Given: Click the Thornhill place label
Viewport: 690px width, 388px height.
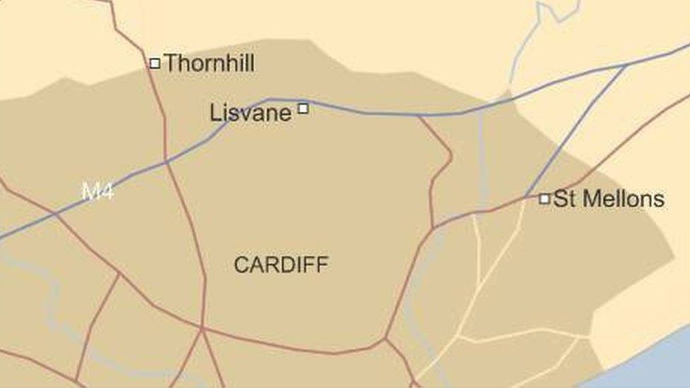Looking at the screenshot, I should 209,64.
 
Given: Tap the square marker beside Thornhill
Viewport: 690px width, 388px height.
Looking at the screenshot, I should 155,64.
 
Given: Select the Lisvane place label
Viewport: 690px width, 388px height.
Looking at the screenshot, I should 251,113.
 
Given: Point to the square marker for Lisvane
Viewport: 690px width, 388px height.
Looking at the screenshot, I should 303,108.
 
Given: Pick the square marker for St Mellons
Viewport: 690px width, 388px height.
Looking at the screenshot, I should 544,199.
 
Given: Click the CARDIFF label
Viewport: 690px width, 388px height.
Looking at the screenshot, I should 281,265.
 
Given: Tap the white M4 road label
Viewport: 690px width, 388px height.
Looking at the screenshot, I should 98,192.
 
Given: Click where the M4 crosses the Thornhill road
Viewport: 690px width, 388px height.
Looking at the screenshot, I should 167,162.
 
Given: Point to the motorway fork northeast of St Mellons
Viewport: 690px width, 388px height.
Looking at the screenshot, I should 626,65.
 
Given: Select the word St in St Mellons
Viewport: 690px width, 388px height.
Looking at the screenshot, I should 563,199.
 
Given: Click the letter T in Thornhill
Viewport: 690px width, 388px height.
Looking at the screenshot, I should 171,64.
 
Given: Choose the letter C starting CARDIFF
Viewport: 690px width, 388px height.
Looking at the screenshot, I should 240,265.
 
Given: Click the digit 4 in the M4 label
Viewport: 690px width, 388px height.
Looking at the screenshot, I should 107,192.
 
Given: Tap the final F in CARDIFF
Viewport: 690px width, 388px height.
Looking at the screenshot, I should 322,265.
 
